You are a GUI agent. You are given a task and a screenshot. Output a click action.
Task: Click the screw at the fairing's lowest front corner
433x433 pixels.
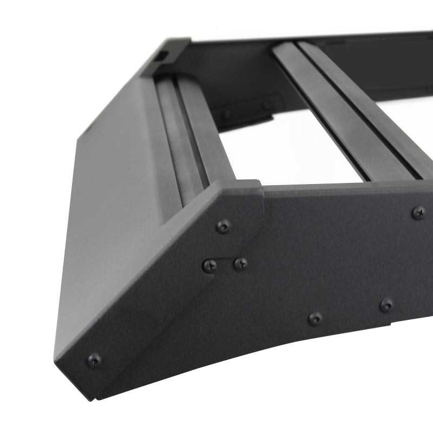click(94, 360)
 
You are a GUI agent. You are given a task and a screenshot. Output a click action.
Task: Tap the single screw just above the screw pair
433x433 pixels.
click(222, 226)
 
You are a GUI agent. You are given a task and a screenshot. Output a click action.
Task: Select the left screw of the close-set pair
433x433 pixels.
click(210, 266)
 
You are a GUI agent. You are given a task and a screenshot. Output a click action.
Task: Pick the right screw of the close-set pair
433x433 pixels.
click(240, 264)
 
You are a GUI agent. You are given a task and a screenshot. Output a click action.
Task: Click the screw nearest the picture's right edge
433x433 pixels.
click(418, 213)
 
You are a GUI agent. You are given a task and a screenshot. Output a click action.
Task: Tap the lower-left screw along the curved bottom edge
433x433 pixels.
click(315, 318)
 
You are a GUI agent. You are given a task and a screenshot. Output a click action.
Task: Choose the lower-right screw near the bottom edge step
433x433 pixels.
click(386, 305)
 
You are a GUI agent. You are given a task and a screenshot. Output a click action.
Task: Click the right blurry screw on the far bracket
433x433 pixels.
click(267, 105)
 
